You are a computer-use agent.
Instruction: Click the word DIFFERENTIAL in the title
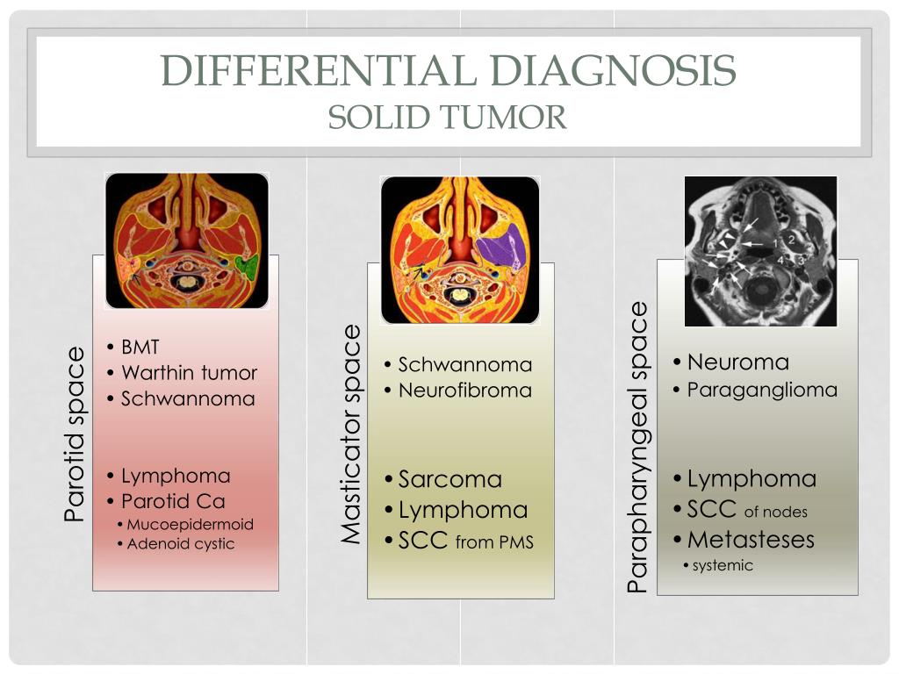tap(320, 70)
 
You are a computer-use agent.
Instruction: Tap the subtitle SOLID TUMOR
tap(448, 117)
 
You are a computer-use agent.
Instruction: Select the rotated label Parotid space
tap(76, 434)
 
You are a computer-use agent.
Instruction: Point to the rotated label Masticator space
tap(351, 434)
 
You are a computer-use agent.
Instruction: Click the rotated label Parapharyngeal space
tap(637, 448)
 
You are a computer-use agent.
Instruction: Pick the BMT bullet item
tap(140, 347)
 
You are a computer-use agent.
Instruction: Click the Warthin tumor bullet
tap(189, 373)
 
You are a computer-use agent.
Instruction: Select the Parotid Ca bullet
tap(173, 501)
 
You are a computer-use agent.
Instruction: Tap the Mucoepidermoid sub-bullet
tap(190, 525)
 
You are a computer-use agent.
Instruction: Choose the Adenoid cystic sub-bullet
tap(181, 544)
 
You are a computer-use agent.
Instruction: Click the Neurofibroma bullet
tap(464, 391)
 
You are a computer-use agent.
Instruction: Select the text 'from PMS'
tap(494, 543)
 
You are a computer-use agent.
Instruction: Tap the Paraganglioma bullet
tap(762, 390)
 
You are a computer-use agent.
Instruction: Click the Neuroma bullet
tap(737, 362)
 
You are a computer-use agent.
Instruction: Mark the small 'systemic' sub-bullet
tap(723, 565)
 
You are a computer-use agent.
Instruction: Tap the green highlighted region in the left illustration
tap(248, 265)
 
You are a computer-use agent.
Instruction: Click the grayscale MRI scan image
tap(760, 250)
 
